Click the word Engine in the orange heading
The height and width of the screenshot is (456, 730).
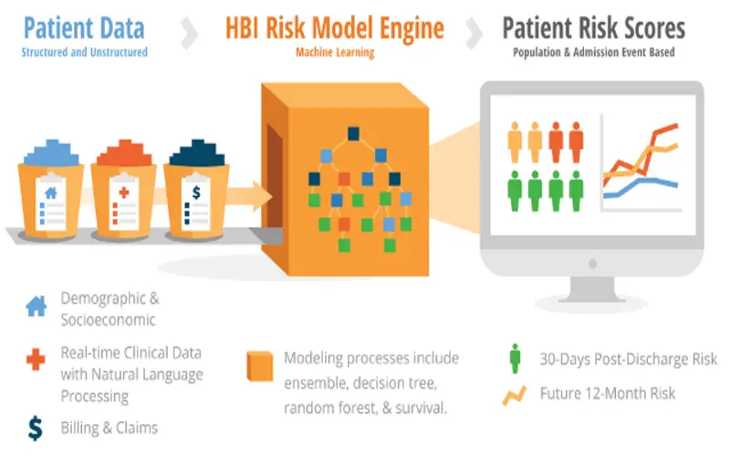pos(412,29)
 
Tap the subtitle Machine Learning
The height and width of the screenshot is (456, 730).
pos(335,53)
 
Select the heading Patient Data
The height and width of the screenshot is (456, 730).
pos(84,28)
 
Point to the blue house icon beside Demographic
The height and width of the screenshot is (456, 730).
pos(36,306)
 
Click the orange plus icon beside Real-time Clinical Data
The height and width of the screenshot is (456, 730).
pos(36,359)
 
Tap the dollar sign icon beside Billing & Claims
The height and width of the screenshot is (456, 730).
pos(36,428)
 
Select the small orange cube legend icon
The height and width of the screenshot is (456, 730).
pos(260,367)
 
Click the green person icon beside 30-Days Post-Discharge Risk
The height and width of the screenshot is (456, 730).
pos(515,358)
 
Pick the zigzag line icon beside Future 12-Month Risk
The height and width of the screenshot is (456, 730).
pos(515,396)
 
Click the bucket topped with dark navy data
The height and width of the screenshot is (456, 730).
pos(196,191)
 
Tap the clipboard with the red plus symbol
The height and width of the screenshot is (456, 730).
pos(124,202)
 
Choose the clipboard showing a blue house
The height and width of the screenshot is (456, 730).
pos(51,202)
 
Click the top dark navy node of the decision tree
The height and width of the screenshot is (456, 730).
pos(353,134)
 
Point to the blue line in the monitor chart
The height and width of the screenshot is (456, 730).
pos(641,186)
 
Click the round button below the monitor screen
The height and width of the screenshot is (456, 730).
pos(592,264)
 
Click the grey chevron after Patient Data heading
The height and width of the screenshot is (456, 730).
pos(190,33)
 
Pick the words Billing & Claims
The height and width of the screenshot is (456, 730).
pos(109,428)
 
